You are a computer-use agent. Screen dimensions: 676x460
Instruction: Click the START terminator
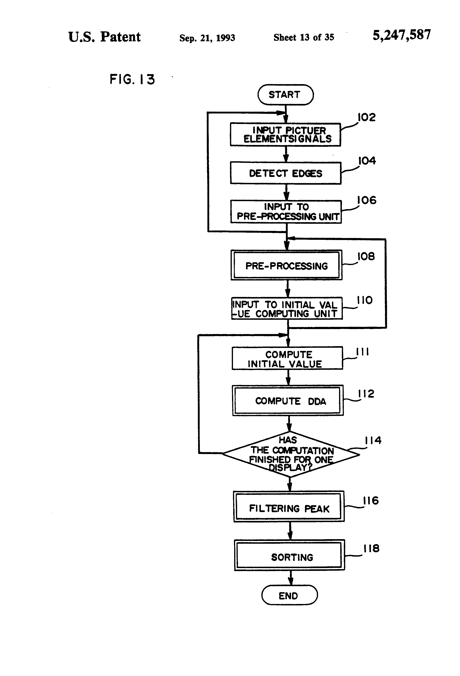(285, 95)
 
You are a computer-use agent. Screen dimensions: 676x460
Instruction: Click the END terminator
(289, 596)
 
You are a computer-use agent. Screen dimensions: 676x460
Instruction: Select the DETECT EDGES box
(286, 173)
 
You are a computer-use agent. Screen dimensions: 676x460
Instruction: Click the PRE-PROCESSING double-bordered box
(287, 265)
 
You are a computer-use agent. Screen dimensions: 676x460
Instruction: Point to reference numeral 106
(366, 200)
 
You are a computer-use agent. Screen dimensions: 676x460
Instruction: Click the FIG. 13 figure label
(132, 79)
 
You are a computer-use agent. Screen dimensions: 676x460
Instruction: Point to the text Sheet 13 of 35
(304, 37)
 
